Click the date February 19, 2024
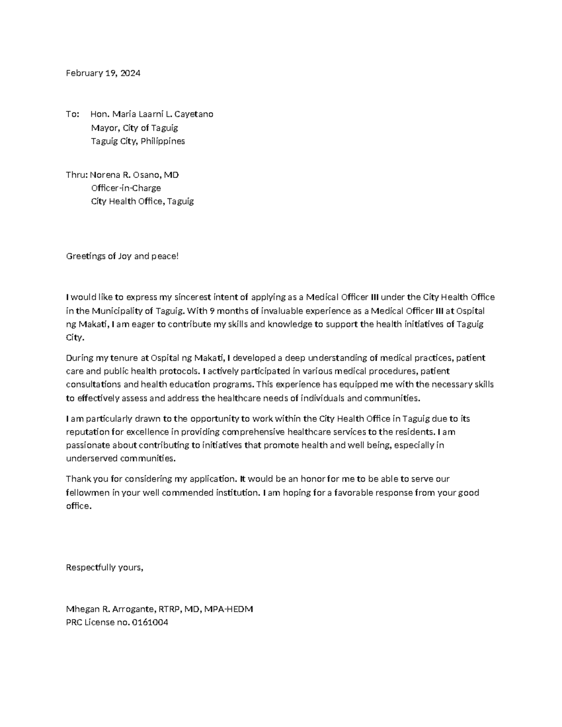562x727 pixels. coord(103,73)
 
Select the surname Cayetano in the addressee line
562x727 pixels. coord(193,114)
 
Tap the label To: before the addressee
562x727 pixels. coord(73,114)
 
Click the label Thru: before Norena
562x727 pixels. coord(76,175)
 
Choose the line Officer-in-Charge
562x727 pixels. coord(126,188)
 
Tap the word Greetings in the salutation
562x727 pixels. coord(85,257)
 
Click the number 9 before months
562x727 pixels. coord(212,311)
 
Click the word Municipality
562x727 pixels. coord(119,311)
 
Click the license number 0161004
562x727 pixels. coord(150,623)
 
